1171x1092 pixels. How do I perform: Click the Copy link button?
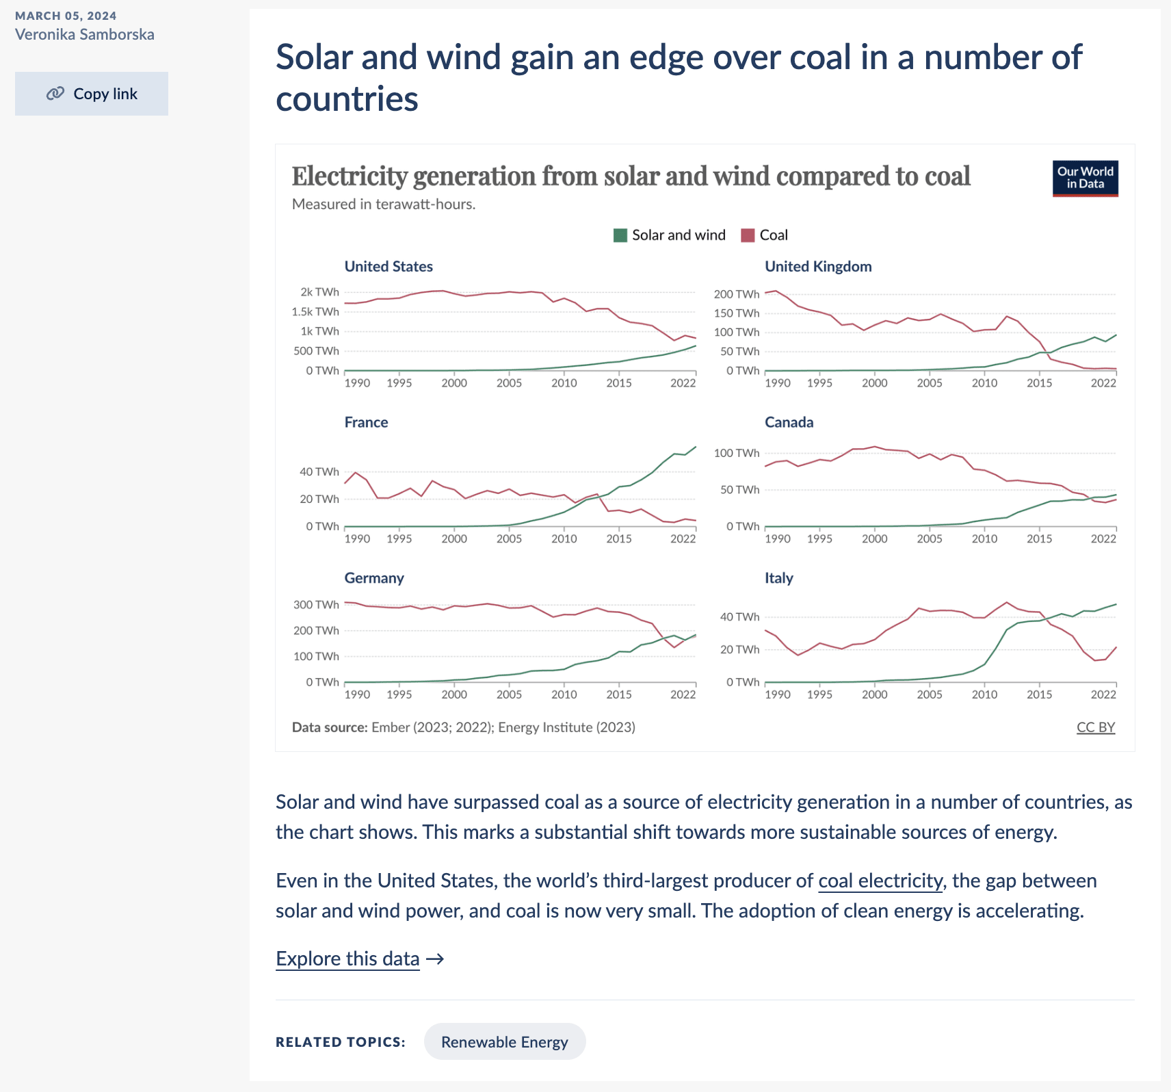click(x=92, y=94)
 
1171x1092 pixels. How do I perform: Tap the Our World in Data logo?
click(x=1085, y=178)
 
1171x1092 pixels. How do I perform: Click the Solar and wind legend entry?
click(x=670, y=235)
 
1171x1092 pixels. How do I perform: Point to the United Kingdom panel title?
click(x=818, y=267)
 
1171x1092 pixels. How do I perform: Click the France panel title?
click(x=366, y=423)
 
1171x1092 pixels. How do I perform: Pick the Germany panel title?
click(x=374, y=578)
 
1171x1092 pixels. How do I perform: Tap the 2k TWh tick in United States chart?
click(x=319, y=292)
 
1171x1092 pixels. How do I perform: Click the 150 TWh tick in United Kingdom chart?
click(x=737, y=313)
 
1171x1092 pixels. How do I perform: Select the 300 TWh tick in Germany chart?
click(x=316, y=605)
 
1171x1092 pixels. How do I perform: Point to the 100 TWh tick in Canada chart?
click(x=737, y=453)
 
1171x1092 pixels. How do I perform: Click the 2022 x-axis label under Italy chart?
click(x=1103, y=694)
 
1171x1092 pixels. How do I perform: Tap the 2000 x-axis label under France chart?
click(x=454, y=539)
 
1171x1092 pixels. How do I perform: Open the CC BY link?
click(x=1095, y=727)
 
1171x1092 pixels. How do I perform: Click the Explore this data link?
click(x=348, y=959)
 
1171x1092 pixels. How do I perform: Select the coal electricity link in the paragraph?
click(x=880, y=881)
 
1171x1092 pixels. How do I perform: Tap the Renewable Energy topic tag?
click(x=505, y=1042)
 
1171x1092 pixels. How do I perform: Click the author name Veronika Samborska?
click(x=85, y=34)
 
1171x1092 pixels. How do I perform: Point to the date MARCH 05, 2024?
click(x=66, y=16)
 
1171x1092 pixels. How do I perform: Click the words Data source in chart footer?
click(x=330, y=727)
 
